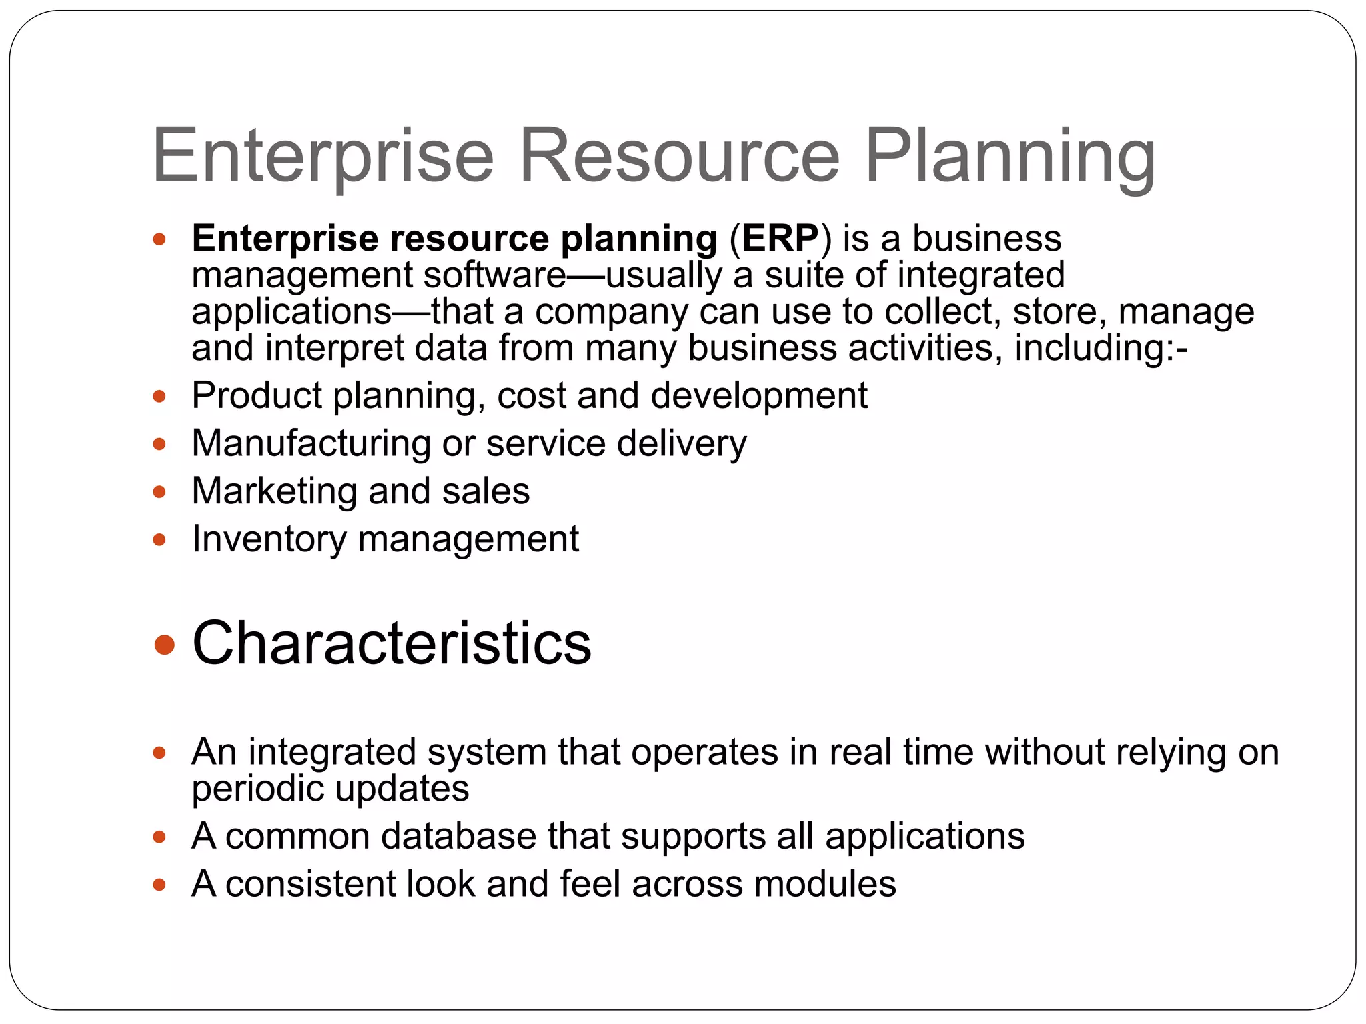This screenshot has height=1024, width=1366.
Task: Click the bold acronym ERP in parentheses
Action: click(x=780, y=238)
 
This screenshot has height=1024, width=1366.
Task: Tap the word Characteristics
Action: click(x=392, y=643)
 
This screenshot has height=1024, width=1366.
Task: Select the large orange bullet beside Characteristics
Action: click(x=164, y=645)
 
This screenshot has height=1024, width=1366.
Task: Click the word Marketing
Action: click(x=274, y=491)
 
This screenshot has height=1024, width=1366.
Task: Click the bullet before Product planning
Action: click(x=159, y=397)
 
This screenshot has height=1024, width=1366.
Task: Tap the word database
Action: click(x=458, y=836)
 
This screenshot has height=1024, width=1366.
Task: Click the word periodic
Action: click(x=257, y=789)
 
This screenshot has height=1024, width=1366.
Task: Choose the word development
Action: click(x=759, y=396)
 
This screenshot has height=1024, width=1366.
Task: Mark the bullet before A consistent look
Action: click(x=159, y=885)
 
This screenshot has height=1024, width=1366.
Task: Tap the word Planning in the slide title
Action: click(x=1009, y=157)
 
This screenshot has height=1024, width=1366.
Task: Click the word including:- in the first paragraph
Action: click(x=1101, y=348)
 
